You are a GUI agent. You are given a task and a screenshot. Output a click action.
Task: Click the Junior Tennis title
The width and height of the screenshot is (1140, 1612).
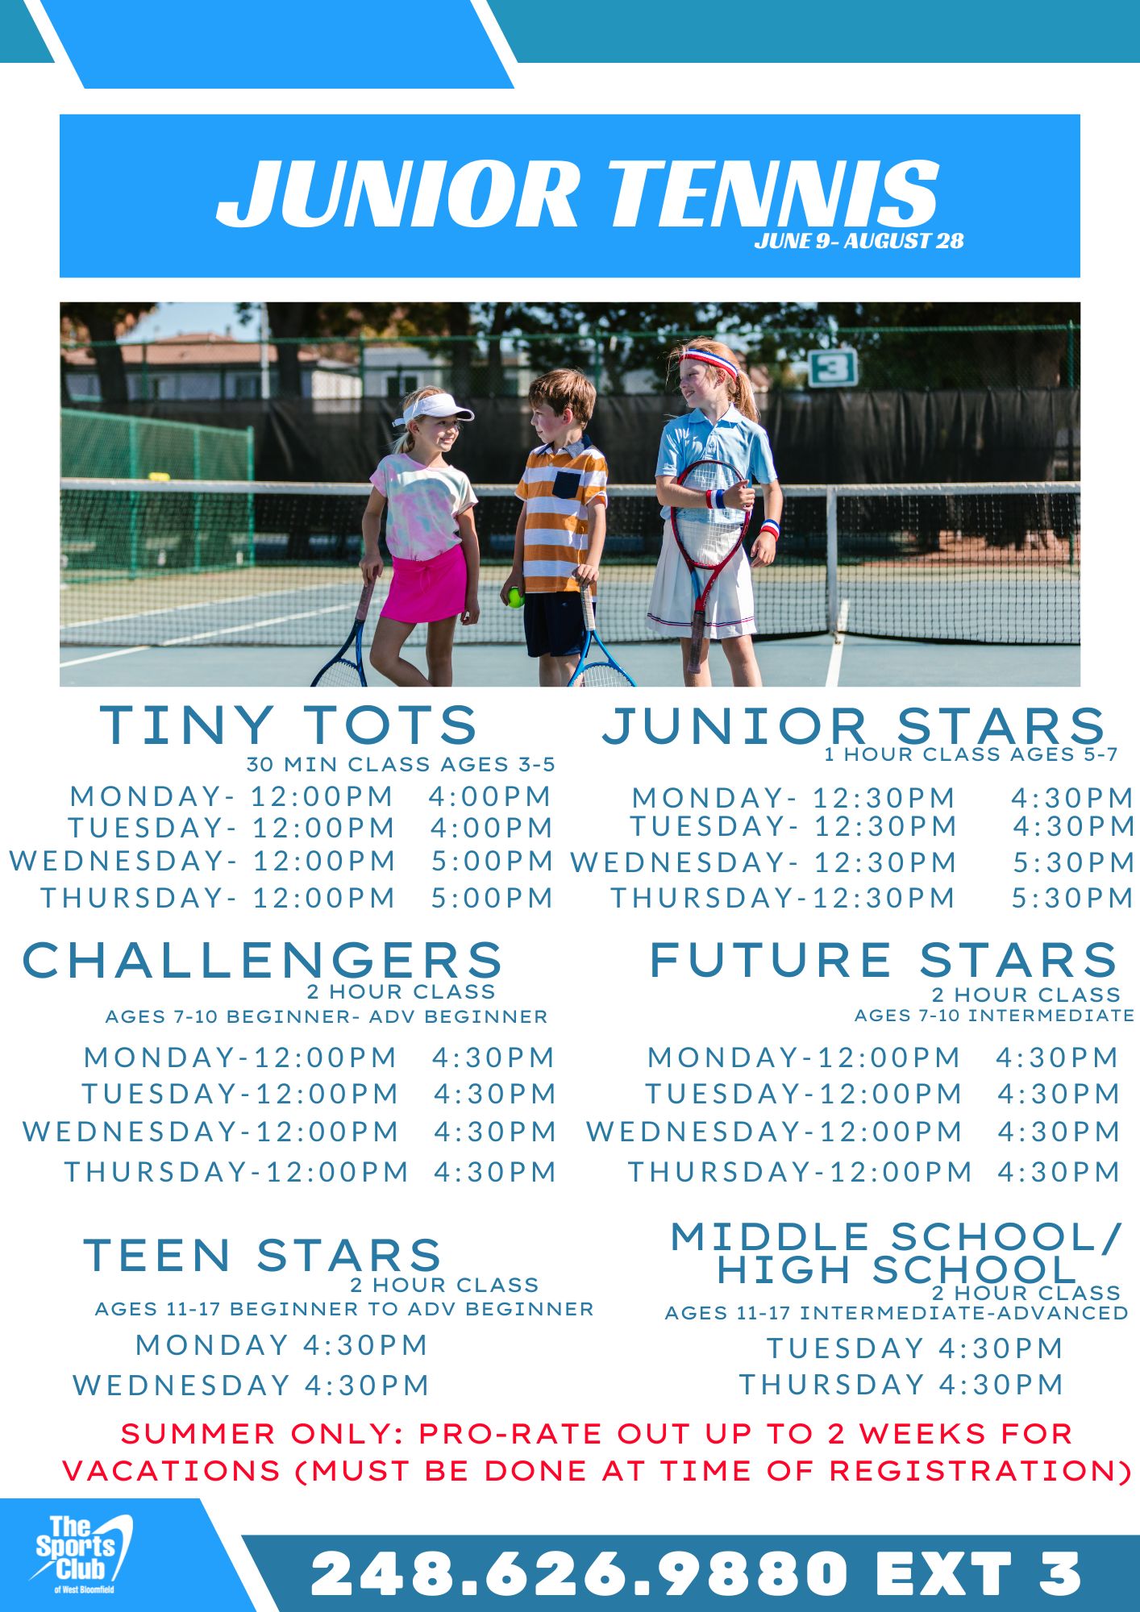(x=578, y=193)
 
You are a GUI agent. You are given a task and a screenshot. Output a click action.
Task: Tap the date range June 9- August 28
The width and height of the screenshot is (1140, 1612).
(x=859, y=240)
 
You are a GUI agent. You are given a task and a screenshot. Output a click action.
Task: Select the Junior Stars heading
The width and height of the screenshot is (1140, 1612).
(x=854, y=725)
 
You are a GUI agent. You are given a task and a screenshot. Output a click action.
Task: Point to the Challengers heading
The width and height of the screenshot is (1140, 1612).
(x=263, y=960)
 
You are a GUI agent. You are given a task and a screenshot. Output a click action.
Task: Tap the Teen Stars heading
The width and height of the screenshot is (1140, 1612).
(x=263, y=1256)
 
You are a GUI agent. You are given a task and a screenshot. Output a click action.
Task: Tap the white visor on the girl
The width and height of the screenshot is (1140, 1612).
(x=435, y=408)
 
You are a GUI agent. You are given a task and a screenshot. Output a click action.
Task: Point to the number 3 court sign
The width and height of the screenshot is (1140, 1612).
(x=833, y=368)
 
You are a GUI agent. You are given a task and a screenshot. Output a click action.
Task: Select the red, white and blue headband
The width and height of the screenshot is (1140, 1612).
(x=709, y=360)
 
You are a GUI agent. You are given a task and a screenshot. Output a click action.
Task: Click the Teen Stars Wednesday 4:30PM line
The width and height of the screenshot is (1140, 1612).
(x=251, y=1386)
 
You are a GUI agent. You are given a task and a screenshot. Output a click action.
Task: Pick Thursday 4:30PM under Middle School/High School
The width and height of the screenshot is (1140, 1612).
(x=902, y=1385)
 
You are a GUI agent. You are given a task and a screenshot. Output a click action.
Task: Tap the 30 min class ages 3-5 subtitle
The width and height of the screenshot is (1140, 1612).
(x=401, y=764)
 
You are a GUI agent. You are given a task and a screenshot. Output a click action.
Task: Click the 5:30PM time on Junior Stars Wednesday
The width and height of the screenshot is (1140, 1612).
(x=1074, y=862)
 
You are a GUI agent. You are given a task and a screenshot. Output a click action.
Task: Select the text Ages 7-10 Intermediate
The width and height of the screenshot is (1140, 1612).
(x=994, y=1016)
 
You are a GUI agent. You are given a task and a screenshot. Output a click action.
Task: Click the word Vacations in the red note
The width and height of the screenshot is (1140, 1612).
(x=172, y=1471)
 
